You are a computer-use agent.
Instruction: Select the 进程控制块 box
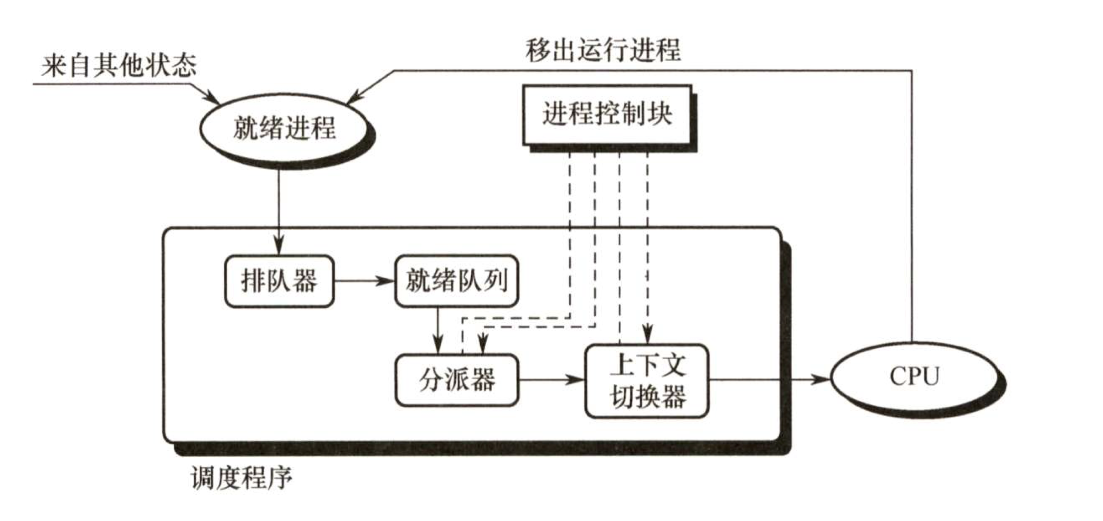tap(607, 115)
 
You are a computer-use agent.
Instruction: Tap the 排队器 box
tap(279, 281)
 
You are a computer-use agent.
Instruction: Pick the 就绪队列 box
tap(456, 281)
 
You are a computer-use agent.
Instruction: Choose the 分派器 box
tap(456, 380)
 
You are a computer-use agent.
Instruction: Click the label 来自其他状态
tap(119, 65)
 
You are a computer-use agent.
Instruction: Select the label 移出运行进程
tap(603, 50)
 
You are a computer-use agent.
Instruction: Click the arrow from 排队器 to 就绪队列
tap(364, 281)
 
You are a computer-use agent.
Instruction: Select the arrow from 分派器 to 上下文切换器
tap(551, 380)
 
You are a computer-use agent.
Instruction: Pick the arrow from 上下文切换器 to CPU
tap(770, 380)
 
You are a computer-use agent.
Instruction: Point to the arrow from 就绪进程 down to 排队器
tap(278, 209)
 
